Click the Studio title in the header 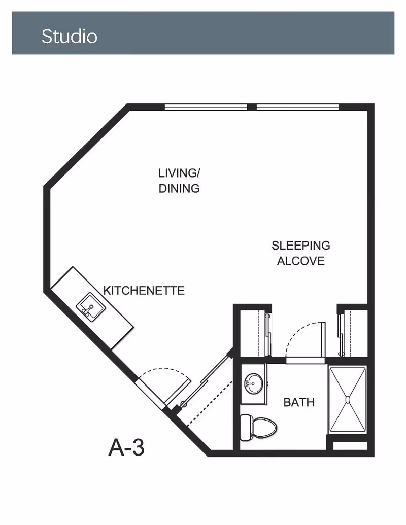[x=70, y=36]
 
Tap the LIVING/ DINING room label [x=179, y=181]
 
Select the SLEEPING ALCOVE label [x=301, y=253]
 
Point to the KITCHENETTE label [x=144, y=290]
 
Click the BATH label [x=299, y=402]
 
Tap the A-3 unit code [x=126, y=447]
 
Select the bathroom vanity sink [x=254, y=383]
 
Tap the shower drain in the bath [x=348, y=399]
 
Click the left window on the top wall [x=206, y=107]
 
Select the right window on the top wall [x=298, y=107]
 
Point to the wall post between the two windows [x=252, y=107]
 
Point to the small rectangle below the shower [x=350, y=446]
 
